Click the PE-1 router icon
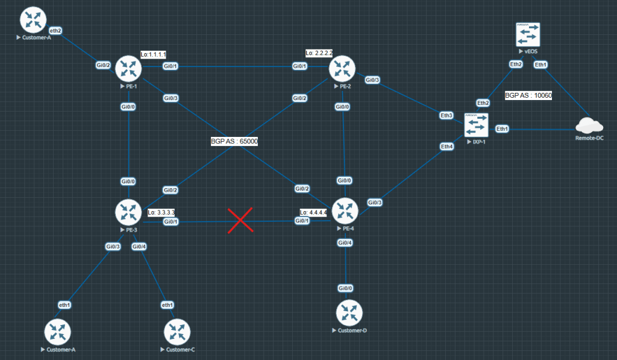[128, 69]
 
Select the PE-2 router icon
[342, 69]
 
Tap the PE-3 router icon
[128, 212]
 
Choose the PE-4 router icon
[345, 211]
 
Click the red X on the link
[240, 219]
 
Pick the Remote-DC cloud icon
[589, 125]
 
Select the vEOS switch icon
[528, 35]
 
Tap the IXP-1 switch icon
[476, 125]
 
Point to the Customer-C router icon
[177, 332]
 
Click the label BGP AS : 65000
[234, 141]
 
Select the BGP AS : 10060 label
[528, 95]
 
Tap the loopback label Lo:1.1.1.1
[153, 54]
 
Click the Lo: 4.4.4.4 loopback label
[313, 212]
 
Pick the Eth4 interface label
[446, 147]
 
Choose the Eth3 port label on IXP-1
[446, 115]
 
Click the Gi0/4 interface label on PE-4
[345, 242]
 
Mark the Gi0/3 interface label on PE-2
[372, 80]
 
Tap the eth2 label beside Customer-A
[55, 30]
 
